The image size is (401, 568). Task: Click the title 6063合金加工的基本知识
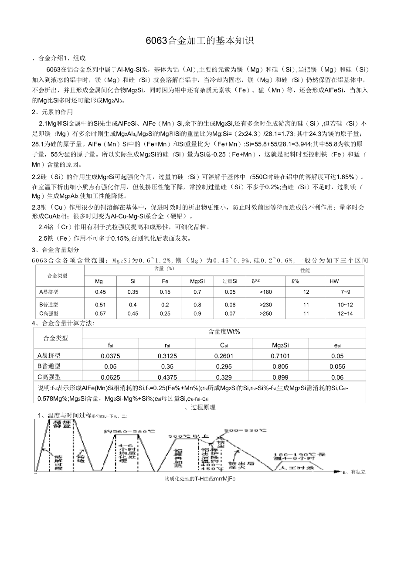point(200,41)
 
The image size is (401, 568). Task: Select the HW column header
point(334,282)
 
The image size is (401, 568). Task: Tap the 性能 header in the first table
point(305,271)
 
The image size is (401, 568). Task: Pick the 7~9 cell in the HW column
point(345,292)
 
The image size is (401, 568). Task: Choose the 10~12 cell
point(345,305)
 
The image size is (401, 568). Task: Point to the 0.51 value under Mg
point(100,305)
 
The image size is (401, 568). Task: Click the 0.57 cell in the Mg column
point(100,313)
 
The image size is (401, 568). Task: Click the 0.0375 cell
point(110,356)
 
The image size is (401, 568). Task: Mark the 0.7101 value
point(280,356)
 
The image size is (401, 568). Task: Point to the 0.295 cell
point(224,367)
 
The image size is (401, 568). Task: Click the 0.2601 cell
point(224,356)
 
